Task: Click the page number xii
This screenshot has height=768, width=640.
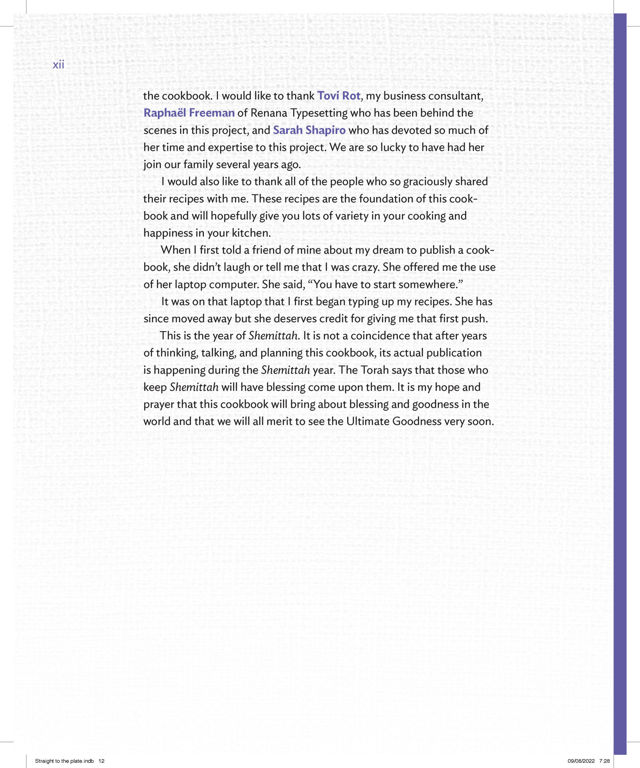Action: (58, 65)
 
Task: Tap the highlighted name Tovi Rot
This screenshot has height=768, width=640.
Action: (339, 96)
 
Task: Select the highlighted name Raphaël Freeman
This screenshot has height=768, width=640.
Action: (189, 113)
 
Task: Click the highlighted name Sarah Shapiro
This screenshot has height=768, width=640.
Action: (309, 130)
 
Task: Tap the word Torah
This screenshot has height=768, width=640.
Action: (375, 370)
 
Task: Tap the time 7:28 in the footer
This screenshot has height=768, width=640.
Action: (605, 761)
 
